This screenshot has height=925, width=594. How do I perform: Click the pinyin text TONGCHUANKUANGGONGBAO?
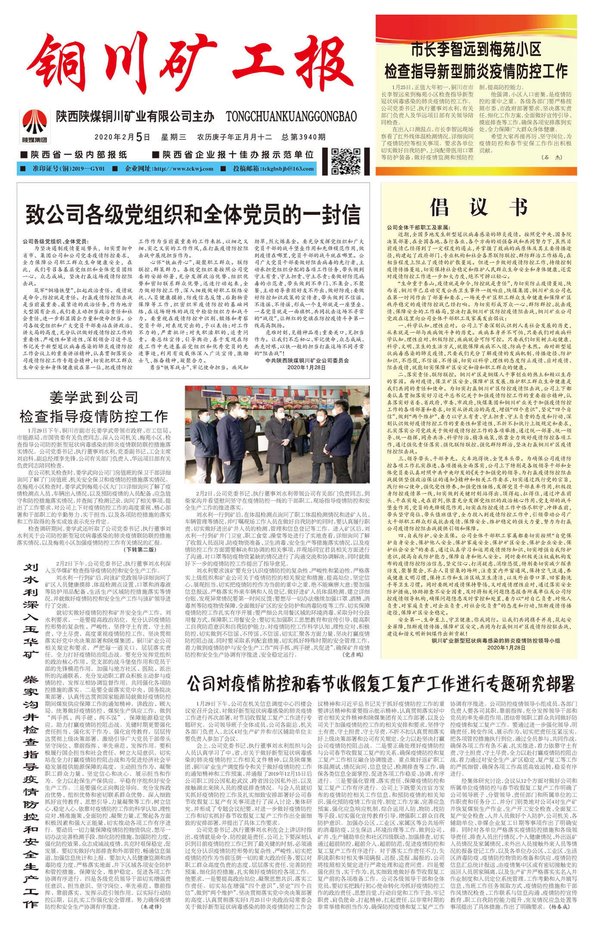(291, 116)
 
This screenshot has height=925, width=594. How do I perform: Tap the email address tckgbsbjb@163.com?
(287, 169)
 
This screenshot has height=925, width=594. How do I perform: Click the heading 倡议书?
(478, 207)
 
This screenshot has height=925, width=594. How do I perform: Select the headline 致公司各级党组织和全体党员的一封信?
(193, 214)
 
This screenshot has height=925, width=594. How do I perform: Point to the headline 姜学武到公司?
(93, 397)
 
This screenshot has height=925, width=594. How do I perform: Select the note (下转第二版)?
(141, 549)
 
